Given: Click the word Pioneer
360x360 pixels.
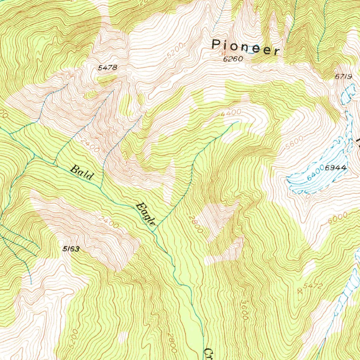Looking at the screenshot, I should [246, 47].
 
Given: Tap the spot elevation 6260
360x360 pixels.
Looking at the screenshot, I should [233, 59].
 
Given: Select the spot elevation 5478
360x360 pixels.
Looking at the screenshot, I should [107, 68].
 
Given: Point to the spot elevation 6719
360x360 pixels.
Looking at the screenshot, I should [343, 77].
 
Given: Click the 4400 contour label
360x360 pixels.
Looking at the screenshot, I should [231, 113].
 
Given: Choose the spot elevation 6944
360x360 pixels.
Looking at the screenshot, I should [336, 168].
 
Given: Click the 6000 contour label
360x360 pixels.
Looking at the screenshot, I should [337, 218].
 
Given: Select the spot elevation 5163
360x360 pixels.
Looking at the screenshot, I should [71, 249].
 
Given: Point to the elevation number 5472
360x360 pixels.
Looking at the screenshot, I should [313, 287].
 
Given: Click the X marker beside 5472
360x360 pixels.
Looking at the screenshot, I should [300, 291].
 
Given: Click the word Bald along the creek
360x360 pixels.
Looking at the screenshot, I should [82, 172].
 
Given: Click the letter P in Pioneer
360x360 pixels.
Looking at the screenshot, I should [216, 44].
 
